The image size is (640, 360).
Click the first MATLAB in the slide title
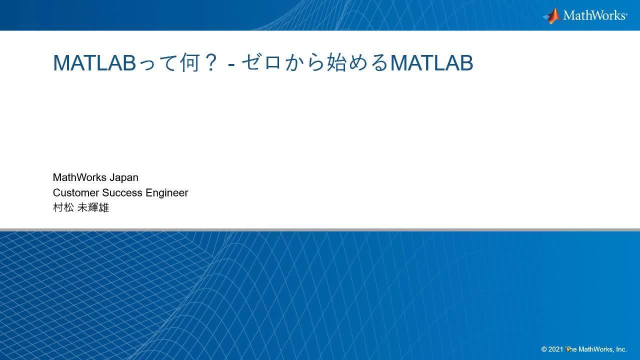(94, 63)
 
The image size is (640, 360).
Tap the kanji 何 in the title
(189, 63)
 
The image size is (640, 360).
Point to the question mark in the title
(210, 63)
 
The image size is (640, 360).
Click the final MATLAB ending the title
(431, 63)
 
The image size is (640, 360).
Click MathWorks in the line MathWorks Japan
(79, 177)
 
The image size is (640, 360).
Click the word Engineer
(167, 192)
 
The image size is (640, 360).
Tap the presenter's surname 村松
(63, 207)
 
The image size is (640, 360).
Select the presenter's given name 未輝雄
(93, 207)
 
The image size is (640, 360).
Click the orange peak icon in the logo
(552, 15)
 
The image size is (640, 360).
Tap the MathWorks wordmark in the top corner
(594, 15)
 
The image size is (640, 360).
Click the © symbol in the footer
(544, 349)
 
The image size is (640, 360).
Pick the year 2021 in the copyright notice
(556, 349)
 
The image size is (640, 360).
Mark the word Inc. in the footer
(621, 349)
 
